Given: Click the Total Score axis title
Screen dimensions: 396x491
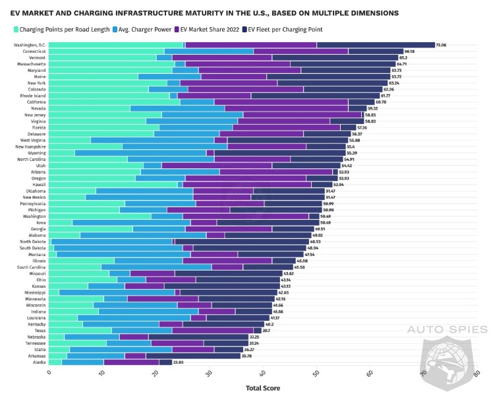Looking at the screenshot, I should pyautogui.click(x=262, y=388).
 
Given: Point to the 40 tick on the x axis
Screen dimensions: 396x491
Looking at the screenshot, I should pyautogui.click(x=263, y=373).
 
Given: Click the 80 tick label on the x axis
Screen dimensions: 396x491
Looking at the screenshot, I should pyautogui.click(x=477, y=373).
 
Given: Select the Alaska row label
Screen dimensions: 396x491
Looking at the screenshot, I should pyautogui.click(x=39, y=362).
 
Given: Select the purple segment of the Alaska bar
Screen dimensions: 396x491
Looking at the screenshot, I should pyautogui.click(x=131, y=362).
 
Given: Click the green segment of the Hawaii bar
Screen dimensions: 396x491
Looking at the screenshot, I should pyautogui.click(x=113, y=185).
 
